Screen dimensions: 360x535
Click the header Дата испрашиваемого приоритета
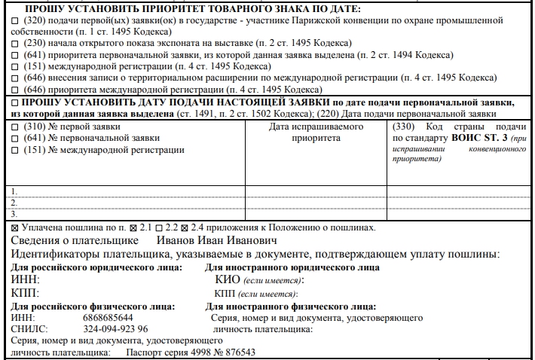316,133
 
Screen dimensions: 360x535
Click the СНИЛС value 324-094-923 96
115,329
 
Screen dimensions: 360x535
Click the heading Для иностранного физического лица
290,306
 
